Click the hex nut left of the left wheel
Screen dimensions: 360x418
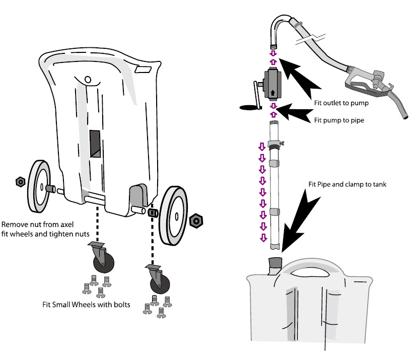click(x=21, y=181)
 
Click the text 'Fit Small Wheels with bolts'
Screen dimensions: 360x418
click(x=85, y=305)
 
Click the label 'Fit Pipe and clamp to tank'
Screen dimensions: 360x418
click(x=347, y=184)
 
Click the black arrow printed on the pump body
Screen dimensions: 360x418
click(x=272, y=93)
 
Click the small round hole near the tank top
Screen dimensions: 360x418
click(x=87, y=79)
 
